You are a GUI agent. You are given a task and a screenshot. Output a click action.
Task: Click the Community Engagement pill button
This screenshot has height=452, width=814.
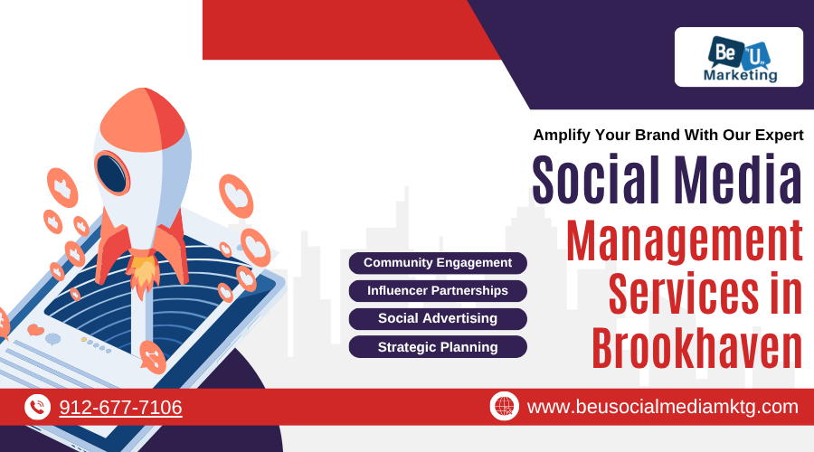click(x=438, y=263)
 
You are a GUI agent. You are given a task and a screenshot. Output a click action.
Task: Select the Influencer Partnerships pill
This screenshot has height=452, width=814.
click(x=438, y=291)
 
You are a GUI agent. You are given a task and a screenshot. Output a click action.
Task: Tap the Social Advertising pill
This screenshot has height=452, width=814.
click(x=438, y=318)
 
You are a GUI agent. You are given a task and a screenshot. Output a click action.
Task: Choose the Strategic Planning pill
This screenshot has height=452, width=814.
click(x=438, y=346)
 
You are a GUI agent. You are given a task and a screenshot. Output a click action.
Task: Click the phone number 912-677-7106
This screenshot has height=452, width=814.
click(x=120, y=408)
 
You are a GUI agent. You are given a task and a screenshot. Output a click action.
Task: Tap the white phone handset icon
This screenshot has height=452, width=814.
click(x=37, y=407)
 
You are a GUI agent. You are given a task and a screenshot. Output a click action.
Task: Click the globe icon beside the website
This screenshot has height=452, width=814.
click(x=504, y=406)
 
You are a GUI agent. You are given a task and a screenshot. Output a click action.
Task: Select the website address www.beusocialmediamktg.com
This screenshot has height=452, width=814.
click(x=662, y=407)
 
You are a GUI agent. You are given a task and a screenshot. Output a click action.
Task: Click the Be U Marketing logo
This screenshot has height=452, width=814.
click(x=739, y=57)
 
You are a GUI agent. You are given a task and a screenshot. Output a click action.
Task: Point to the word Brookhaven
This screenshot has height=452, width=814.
click(x=697, y=348)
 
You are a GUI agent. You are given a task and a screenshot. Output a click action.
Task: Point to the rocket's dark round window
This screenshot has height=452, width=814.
click(x=111, y=174)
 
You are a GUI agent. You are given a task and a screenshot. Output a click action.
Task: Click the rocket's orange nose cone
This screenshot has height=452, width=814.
click(x=142, y=120)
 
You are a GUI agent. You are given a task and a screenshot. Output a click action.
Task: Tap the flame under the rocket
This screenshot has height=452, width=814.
click(x=143, y=271)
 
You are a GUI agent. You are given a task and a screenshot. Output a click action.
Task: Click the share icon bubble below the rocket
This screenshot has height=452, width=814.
click(x=152, y=357)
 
